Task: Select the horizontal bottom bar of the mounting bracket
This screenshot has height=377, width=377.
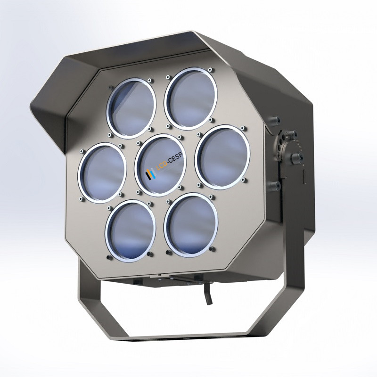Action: [x=188, y=336]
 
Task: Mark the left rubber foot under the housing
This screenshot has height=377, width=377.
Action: [x=137, y=281]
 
